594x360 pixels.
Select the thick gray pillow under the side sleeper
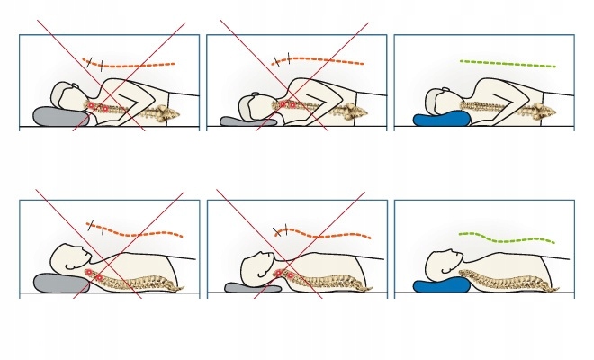tap(52, 117)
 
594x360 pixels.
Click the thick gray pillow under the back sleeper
tap(58, 282)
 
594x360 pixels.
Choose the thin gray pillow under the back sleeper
tap(246, 288)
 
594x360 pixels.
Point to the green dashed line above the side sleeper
tap(508, 63)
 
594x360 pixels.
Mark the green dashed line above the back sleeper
tap(508, 238)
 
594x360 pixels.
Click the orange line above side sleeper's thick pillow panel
tap(135, 64)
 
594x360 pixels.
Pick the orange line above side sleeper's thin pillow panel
tap(324, 61)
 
